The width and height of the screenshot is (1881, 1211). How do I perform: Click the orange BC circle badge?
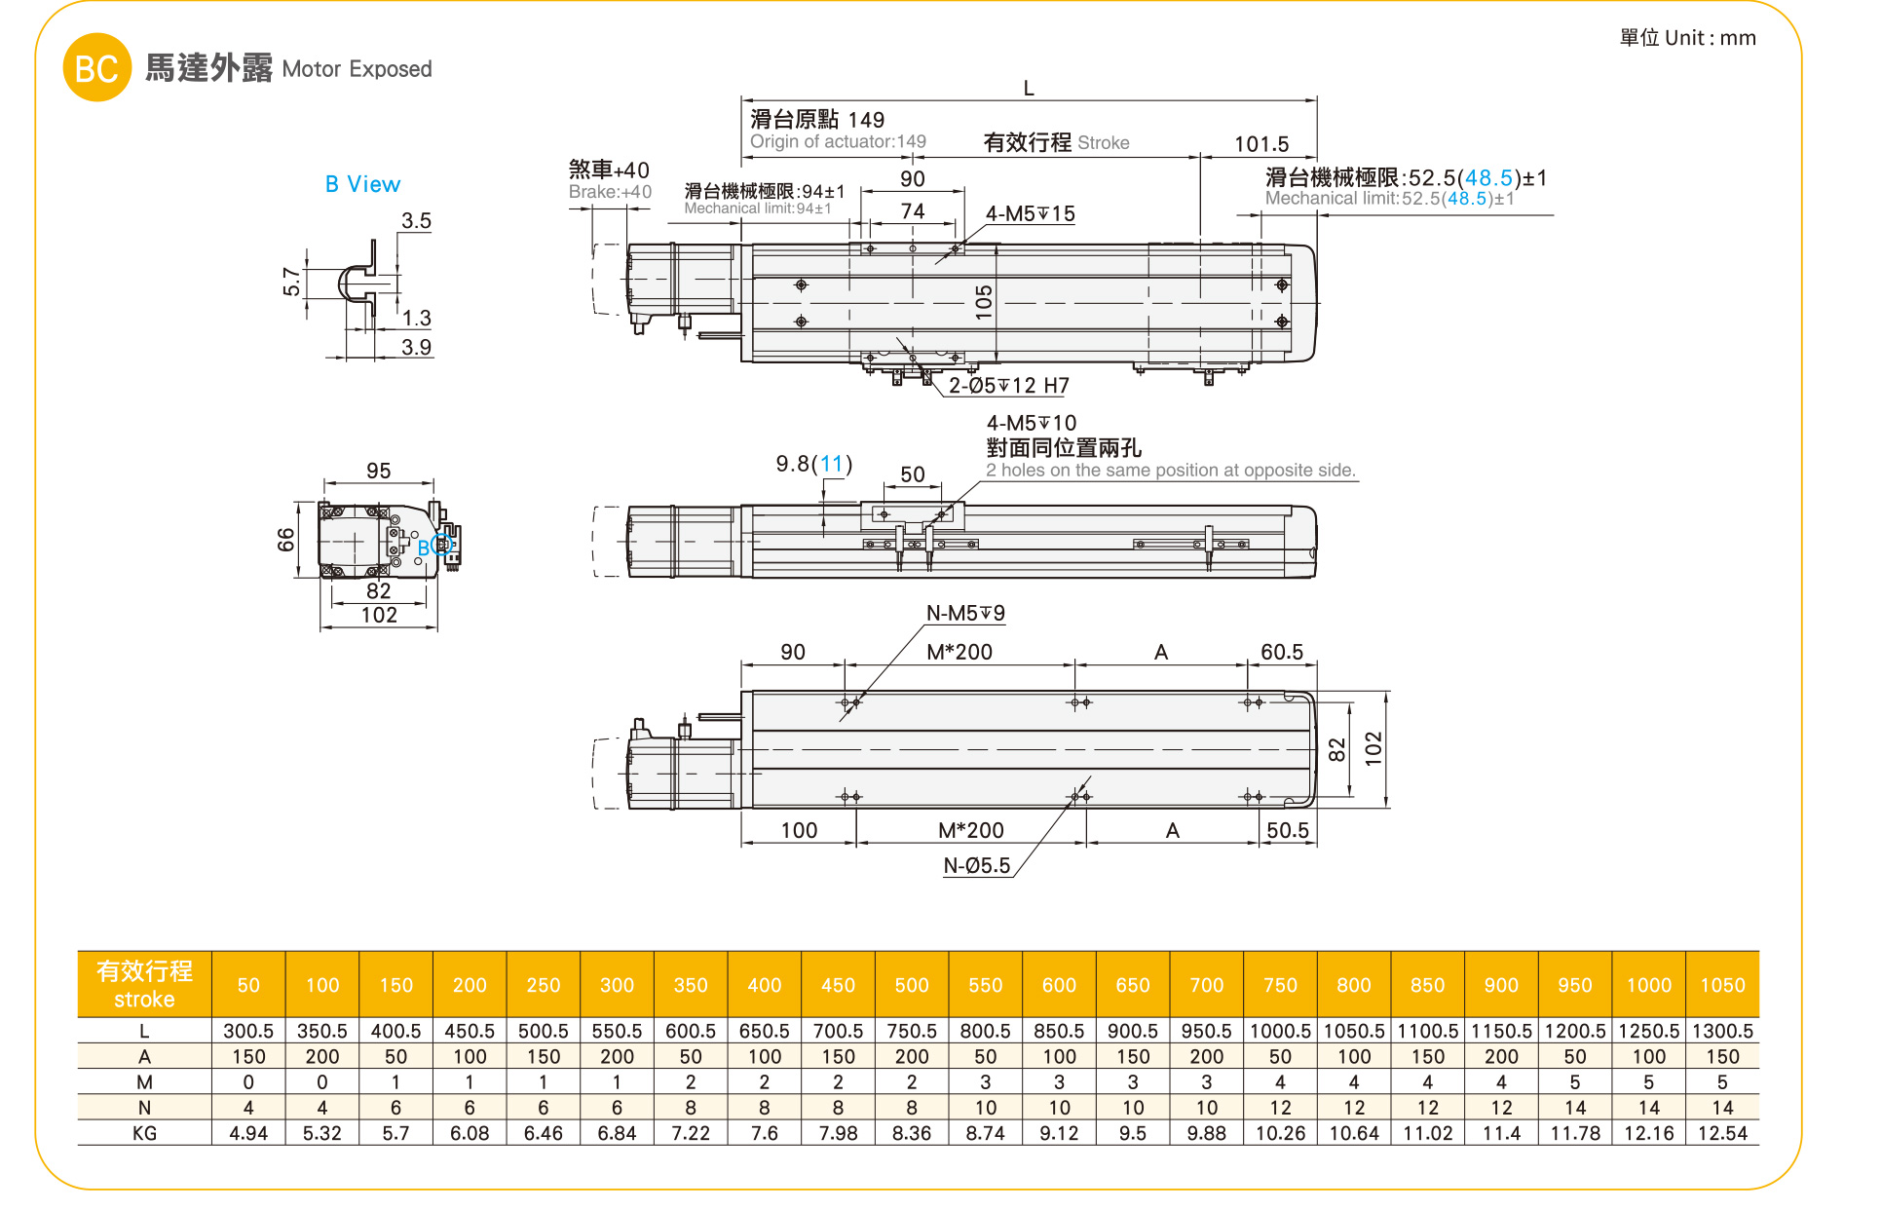pos(96,68)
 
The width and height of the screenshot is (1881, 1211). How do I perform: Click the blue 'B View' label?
pos(362,184)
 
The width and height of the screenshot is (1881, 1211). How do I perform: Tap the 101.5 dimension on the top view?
pos(1260,144)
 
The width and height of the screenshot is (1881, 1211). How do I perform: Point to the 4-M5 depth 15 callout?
pos(1030,213)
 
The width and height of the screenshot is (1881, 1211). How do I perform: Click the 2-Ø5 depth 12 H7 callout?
pos(1008,386)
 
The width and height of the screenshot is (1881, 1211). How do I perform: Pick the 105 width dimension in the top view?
pos(984,302)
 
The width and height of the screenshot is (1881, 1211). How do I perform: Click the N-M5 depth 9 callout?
pos(965,613)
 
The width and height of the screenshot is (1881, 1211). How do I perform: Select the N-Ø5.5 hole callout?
pos(977,865)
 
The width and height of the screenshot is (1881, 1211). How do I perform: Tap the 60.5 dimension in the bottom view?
pos(1281,652)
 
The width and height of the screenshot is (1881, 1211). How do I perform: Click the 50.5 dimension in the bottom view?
pos(1287,830)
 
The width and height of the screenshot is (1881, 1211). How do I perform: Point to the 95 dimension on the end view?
pos(378,471)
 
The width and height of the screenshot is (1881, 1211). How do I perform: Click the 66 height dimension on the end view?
pos(285,539)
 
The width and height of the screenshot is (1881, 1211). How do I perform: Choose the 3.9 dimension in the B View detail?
pos(416,347)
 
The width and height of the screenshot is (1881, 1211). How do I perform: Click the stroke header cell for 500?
pos(912,985)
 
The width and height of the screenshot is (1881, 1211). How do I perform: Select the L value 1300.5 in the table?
pos(1722,1031)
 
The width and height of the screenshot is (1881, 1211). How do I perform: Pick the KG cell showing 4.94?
pos(248,1133)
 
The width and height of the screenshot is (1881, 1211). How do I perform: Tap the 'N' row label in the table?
pos(144,1108)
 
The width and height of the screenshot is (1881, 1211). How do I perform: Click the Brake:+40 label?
pos(610,192)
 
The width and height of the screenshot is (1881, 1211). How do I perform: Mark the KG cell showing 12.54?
pos(1722,1133)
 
